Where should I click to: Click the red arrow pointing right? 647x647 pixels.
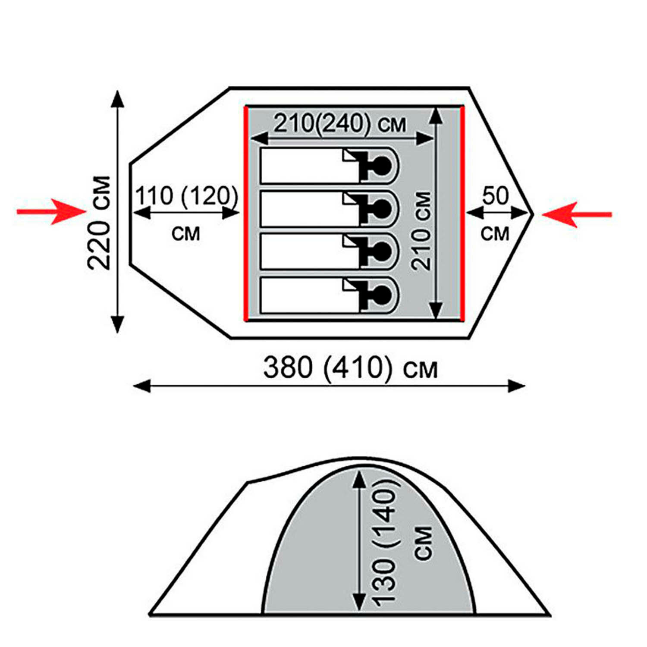click(52, 211)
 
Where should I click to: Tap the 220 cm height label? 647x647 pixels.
click(99, 223)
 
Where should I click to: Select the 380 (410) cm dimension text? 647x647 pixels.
click(350, 368)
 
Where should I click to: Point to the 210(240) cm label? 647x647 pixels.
click(340, 124)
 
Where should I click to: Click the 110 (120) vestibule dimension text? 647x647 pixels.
click(187, 196)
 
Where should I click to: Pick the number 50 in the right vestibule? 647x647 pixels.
click(496, 196)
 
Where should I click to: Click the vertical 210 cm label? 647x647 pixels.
click(421, 231)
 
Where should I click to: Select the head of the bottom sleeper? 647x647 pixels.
click(382, 295)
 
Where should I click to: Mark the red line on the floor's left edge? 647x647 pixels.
click(246, 214)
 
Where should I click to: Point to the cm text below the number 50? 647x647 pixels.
click(495, 233)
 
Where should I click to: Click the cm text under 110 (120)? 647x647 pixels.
click(186, 233)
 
